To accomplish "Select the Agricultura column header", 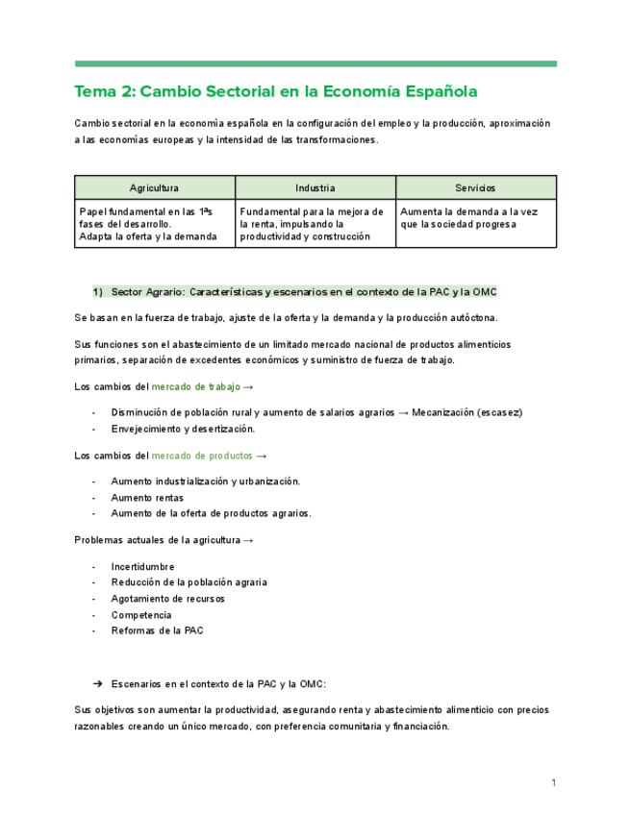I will tap(154, 187).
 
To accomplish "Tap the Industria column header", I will tap(315, 187).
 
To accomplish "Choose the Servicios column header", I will tap(475, 187).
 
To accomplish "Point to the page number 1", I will tap(554, 783).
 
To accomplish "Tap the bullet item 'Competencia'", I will tap(141, 614).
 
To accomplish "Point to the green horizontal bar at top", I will tap(315, 64).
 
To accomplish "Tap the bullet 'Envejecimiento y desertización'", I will tap(183, 429).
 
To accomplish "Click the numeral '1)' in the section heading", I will tap(98, 291).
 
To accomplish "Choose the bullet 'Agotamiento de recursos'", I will tap(167, 598).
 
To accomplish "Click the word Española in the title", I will tap(437, 93).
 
